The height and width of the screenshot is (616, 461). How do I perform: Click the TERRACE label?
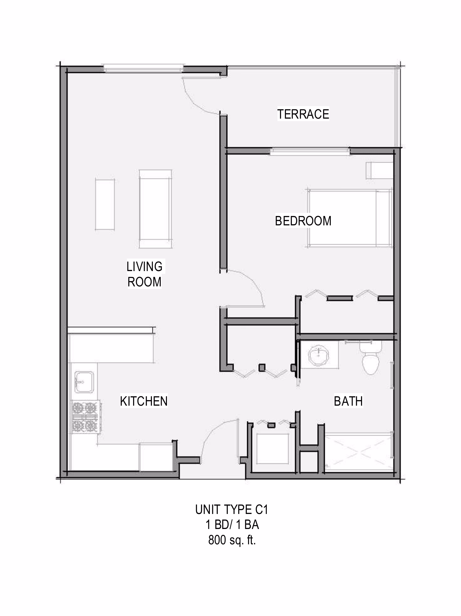click(x=303, y=114)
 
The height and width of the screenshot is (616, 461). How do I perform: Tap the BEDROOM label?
click(x=303, y=221)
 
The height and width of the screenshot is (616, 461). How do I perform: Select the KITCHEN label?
click(x=144, y=401)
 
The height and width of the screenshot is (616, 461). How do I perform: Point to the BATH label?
click(x=348, y=401)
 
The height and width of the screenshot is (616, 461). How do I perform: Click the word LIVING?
click(x=145, y=267)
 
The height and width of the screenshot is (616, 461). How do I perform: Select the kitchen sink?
click(x=84, y=382)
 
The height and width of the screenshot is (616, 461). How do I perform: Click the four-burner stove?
click(x=85, y=417)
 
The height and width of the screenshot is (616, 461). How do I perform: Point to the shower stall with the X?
click(x=359, y=451)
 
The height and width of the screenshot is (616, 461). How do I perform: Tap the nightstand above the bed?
click(x=379, y=171)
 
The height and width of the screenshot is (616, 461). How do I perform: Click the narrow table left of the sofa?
click(x=105, y=205)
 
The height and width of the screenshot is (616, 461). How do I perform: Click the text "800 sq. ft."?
click(x=232, y=540)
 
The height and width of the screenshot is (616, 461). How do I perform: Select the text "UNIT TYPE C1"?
click(x=232, y=510)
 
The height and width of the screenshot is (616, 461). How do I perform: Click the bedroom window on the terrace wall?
click(x=310, y=151)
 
